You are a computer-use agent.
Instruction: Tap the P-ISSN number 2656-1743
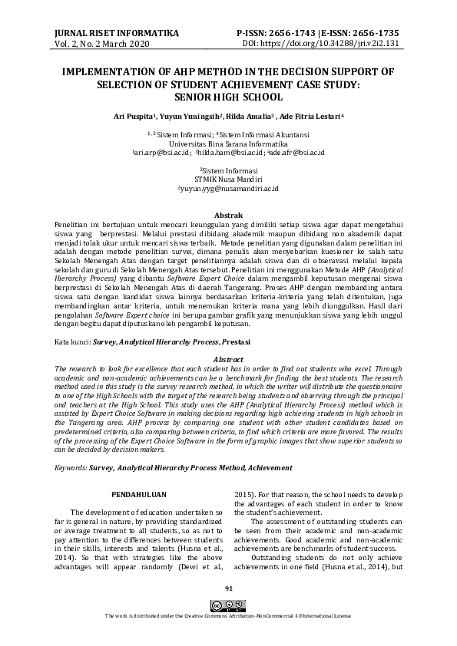pos(296,34)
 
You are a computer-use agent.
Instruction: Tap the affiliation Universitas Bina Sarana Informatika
pos(228,143)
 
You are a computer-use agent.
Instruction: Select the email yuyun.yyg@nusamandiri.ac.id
pos(228,188)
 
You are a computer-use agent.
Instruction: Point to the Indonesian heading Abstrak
pos(228,215)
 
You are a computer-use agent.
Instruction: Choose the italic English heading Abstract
pos(227,359)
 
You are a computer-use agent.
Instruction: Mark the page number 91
pos(228,588)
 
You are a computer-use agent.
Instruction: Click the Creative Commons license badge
pos(228,605)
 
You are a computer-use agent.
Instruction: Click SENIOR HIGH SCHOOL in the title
pos(228,97)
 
